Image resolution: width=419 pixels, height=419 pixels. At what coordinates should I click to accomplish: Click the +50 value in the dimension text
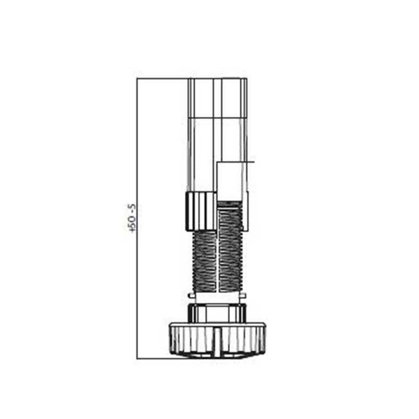[x=132, y=224]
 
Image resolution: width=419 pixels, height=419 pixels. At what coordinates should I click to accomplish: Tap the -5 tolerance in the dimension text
[x=132, y=208]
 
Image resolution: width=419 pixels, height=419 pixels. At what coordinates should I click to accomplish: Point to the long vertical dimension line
[x=137, y=218]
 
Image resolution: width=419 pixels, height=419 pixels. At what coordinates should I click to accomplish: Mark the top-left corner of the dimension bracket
[x=137, y=78]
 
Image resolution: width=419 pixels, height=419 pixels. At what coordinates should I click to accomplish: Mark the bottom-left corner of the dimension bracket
[x=137, y=359]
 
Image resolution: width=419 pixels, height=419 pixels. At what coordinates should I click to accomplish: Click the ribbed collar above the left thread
[x=201, y=212]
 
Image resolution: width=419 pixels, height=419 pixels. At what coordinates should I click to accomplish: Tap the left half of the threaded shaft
[x=204, y=261]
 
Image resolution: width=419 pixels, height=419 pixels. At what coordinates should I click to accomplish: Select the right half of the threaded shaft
[x=230, y=247]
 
